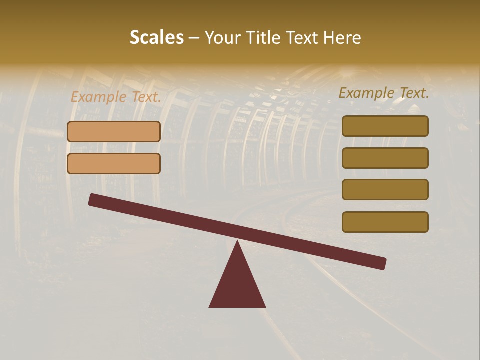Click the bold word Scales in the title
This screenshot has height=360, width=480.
(157, 37)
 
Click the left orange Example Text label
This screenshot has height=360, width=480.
(115, 97)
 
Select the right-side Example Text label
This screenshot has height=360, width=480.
(384, 93)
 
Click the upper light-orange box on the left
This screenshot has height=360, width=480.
(114, 132)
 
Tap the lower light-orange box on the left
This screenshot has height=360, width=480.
(114, 163)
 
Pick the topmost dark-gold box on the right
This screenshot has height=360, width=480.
(385, 126)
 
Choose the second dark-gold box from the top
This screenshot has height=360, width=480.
(385, 158)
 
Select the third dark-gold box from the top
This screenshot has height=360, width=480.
(385, 190)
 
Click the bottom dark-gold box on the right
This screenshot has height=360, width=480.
(385, 222)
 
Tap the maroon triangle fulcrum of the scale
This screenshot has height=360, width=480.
(237, 285)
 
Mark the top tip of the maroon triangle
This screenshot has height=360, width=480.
(237, 242)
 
